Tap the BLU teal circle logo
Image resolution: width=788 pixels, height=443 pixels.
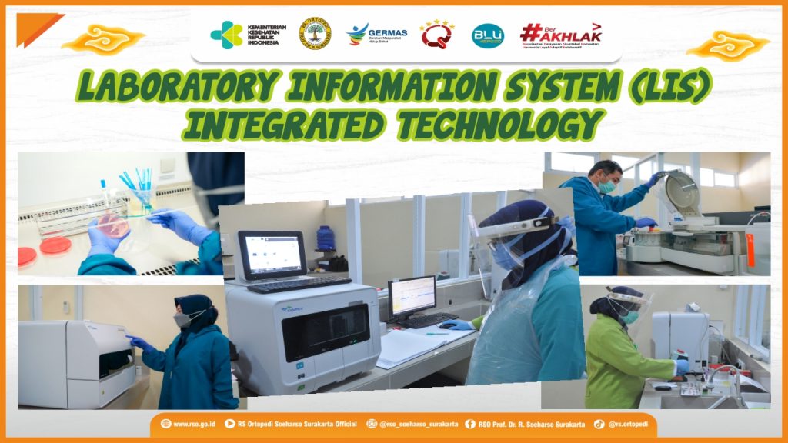(487, 35)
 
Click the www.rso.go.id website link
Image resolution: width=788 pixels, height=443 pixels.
(188, 424)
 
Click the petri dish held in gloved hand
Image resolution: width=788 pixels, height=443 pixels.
(112, 225)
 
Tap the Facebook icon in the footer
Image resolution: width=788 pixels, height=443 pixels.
(469, 424)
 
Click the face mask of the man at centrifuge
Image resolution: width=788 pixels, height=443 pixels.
(607, 186)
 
